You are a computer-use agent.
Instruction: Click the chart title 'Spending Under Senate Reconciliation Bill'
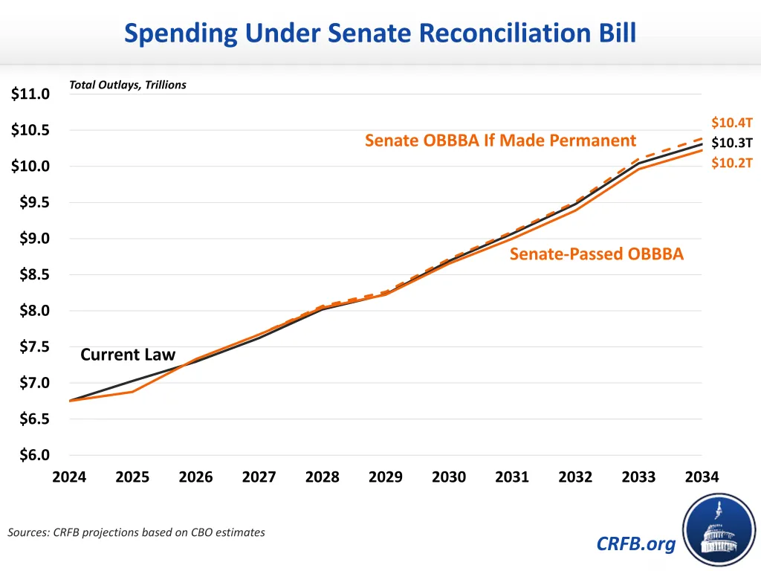[380, 33]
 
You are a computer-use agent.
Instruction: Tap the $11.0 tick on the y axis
[30, 94]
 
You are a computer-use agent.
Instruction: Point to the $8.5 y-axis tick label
[30, 275]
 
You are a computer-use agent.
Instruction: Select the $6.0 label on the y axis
[30, 456]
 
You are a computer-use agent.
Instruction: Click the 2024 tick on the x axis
[69, 477]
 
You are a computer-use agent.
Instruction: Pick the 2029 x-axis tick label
[386, 477]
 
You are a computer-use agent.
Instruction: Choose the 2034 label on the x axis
[702, 477]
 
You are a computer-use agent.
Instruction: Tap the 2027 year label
[259, 477]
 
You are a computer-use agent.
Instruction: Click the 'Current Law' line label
[128, 355]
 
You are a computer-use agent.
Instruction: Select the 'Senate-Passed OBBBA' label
[596, 254]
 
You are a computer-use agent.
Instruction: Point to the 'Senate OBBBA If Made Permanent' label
[500, 141]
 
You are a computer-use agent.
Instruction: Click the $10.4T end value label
[732, 123]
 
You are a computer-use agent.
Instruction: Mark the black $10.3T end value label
[732, 143]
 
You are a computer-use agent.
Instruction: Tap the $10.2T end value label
[732, 163]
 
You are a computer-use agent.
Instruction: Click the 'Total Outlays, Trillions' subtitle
[128, 85]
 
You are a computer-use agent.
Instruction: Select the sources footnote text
[136, 532]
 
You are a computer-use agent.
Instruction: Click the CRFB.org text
[636, 544]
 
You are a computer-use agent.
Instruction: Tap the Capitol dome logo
[719, 529]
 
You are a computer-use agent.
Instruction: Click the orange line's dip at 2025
[132, 391]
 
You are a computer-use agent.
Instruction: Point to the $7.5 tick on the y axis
[30, 347]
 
